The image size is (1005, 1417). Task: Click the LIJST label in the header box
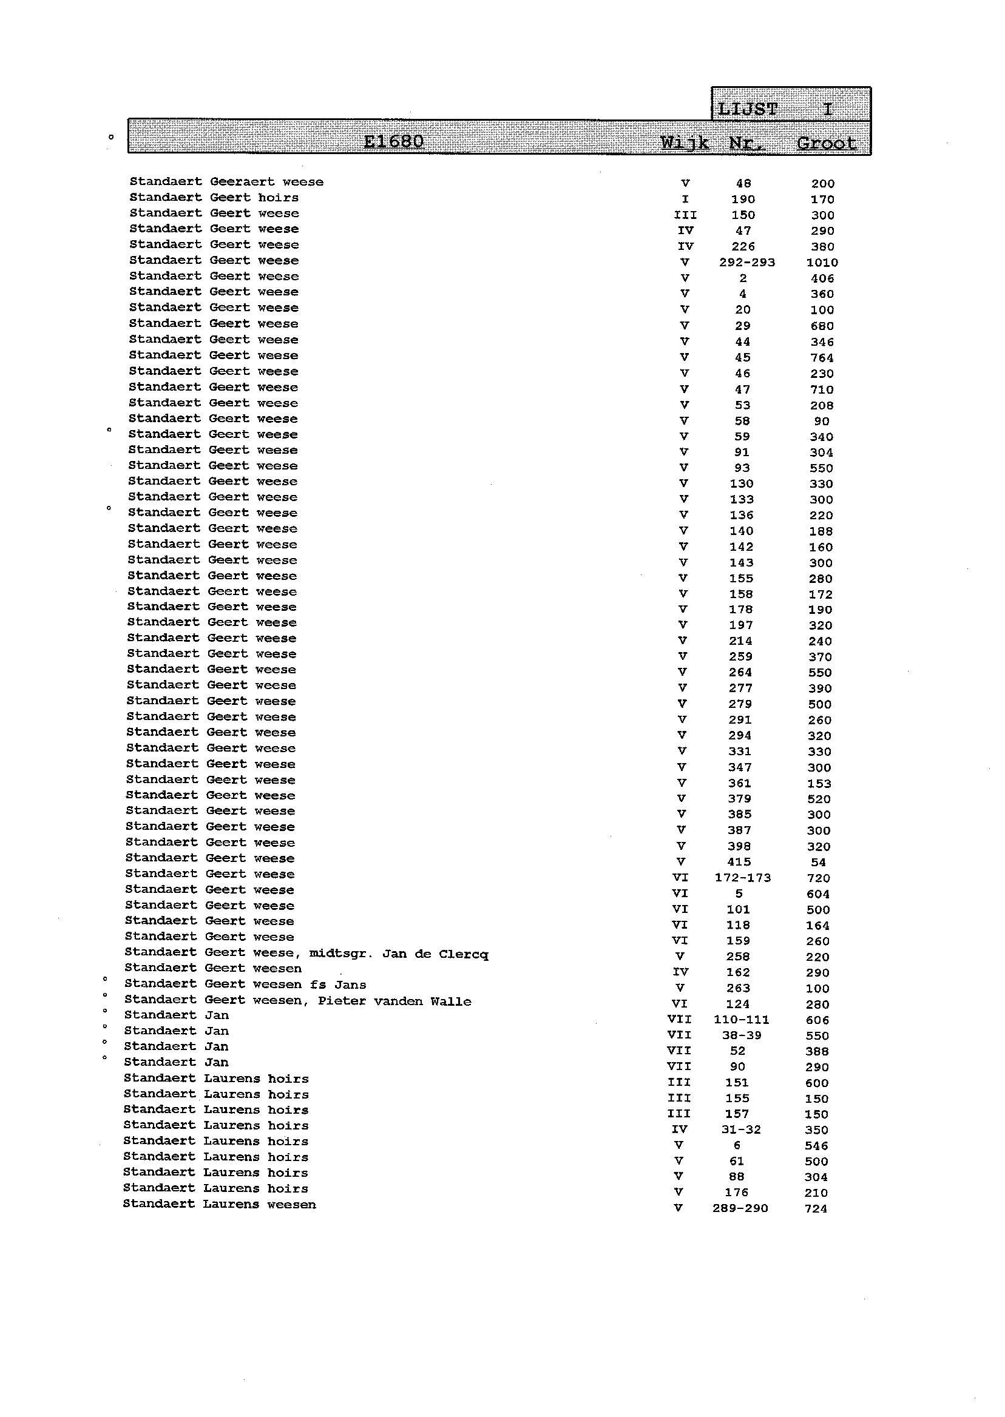[747, 109]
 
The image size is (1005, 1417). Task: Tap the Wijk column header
[685, 143]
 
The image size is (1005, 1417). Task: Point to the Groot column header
[826, 144]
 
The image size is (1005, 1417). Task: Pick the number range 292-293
[747, 262]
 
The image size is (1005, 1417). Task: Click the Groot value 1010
[822, 263]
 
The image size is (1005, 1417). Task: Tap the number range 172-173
[743, 878]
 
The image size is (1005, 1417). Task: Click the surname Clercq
[464, 954]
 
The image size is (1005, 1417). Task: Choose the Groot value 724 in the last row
[816, 1208]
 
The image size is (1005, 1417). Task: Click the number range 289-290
[740, 1208]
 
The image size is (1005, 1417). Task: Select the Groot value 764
[822, 358]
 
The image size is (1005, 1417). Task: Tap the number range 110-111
[742, 1020]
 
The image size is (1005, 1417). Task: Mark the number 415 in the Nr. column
[739, 862]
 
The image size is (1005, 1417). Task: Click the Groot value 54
[818, 862]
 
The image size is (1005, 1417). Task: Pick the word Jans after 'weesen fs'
[350, 984]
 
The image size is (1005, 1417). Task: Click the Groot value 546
[816, 1145]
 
